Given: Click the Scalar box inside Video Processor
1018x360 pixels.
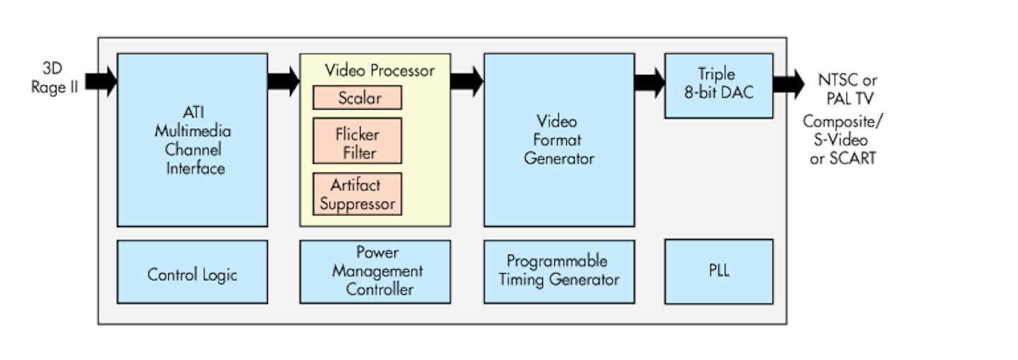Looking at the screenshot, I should (x=357, y=98).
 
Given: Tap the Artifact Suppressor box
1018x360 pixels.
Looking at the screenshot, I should (x=357, y=194).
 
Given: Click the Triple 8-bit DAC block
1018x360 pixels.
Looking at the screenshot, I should (x=718, y=85).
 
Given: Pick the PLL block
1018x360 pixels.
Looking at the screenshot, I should (x=718, y=272).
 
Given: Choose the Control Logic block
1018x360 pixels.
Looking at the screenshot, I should (x=192, y=273).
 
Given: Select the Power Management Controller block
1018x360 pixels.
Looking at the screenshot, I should (x=375, y=272).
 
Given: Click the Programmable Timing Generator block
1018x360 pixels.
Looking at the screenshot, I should (x=558, y=272).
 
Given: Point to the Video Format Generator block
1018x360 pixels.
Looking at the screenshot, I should (x=558, y=140).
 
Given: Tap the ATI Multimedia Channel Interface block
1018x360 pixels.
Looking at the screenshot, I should (x=192, y=140).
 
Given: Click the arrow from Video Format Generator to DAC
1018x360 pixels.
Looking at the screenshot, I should (x=649, y=81).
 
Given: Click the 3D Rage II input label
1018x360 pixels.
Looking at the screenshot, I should (x=54, y=79).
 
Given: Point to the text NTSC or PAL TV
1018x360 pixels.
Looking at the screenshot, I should (x=847, y=88).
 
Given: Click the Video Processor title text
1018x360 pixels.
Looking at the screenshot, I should (x=379, y=71).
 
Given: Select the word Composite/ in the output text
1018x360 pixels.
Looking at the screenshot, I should (x=843, y=122).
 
